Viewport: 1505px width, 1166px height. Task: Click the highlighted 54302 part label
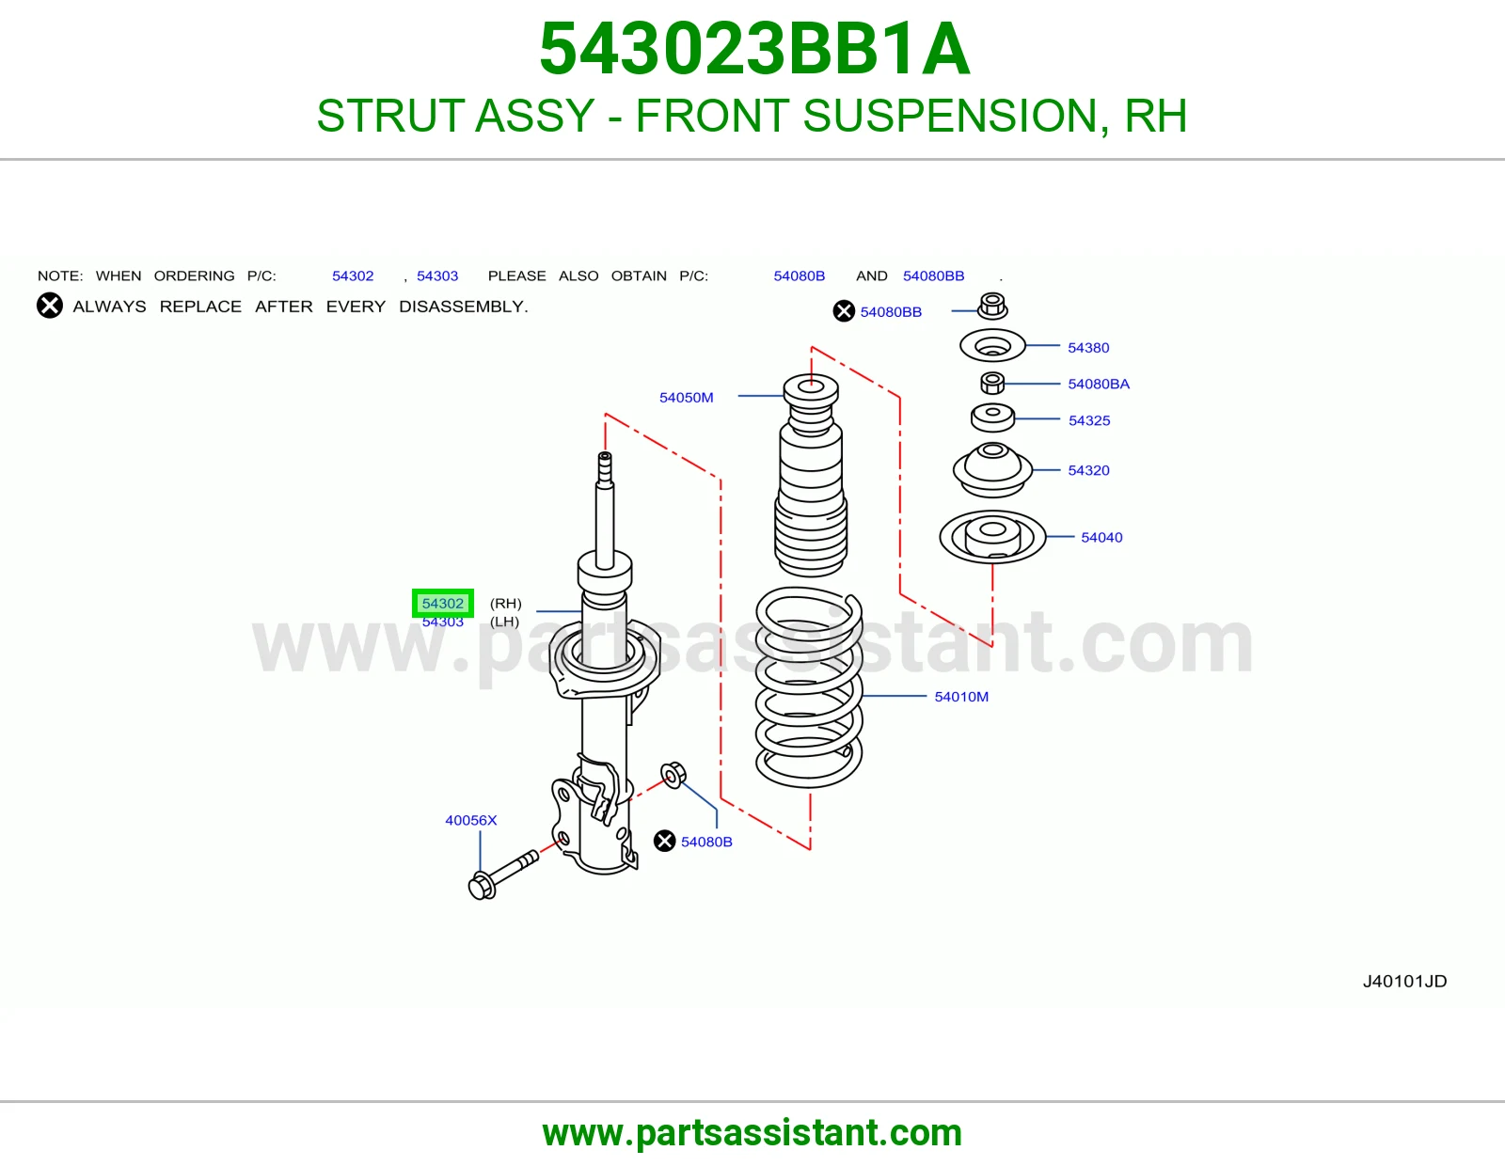pos(443,603)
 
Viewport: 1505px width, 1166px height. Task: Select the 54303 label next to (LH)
pos(443,622)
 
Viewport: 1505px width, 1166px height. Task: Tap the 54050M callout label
pos(686,398)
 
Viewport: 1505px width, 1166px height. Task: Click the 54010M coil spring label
pos(961,697)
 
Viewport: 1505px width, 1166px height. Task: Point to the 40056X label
pos(471,820)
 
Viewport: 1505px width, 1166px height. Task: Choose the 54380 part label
pos(1088,348)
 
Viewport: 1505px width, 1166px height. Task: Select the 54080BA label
pos(1099,384)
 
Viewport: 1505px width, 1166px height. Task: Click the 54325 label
pos(1088,420)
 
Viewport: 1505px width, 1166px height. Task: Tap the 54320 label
pos(1088,470)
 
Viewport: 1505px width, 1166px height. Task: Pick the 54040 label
pos(1101,537)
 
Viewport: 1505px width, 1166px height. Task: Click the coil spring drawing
pos(809,687)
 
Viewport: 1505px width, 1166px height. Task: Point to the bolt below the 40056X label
pos(503,874)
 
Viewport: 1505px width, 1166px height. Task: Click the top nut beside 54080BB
pos(992,306)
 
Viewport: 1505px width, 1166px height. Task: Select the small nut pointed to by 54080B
pos(673,775)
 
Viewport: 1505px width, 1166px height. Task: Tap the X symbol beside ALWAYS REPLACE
pos(50,306)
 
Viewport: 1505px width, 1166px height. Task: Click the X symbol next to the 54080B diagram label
pos(664,842)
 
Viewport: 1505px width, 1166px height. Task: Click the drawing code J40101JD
pos(1404,981)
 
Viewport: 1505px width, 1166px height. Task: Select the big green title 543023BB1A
pos(754,49)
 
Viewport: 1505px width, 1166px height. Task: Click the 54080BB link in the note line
pos(933,276)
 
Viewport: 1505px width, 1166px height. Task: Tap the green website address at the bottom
pos(752,1133)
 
